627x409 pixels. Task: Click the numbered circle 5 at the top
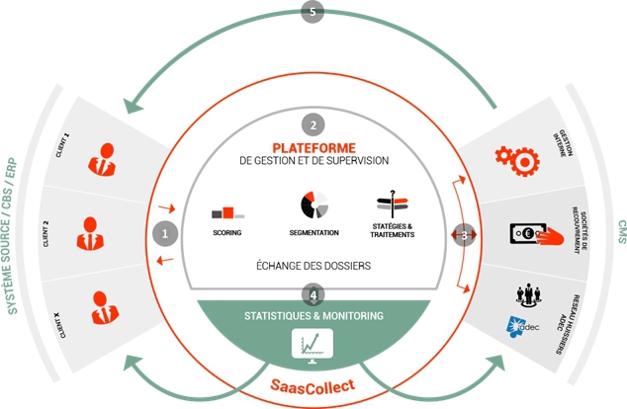[x=313, y=13]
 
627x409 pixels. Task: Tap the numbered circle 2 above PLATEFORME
[x=313, y=125]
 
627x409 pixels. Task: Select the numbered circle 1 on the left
[x=165, y=234]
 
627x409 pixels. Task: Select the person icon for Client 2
[x=89, y=234]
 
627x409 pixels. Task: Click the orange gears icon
[x=514, y=155]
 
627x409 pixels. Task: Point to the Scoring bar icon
[x=227, y=211]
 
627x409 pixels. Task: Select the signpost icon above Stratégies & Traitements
[x=394, y=204]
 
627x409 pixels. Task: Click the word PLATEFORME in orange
[x=313, y=149]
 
